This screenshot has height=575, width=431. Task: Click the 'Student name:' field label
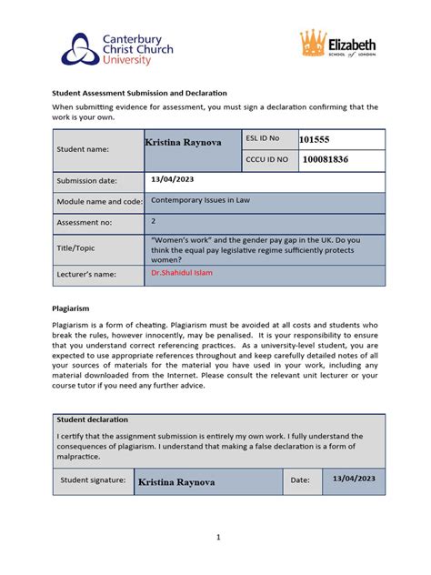tap(84, 148)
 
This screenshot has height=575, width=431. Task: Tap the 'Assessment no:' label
tap(85, 222)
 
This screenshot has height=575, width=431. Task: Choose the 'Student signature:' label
tap(91, 479)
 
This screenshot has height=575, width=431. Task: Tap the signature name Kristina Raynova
tap(176, 482)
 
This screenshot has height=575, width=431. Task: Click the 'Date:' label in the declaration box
tap(300, 479)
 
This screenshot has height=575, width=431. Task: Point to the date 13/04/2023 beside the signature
tap(354, 479)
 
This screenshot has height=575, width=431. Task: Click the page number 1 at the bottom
tap(218, 538)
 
